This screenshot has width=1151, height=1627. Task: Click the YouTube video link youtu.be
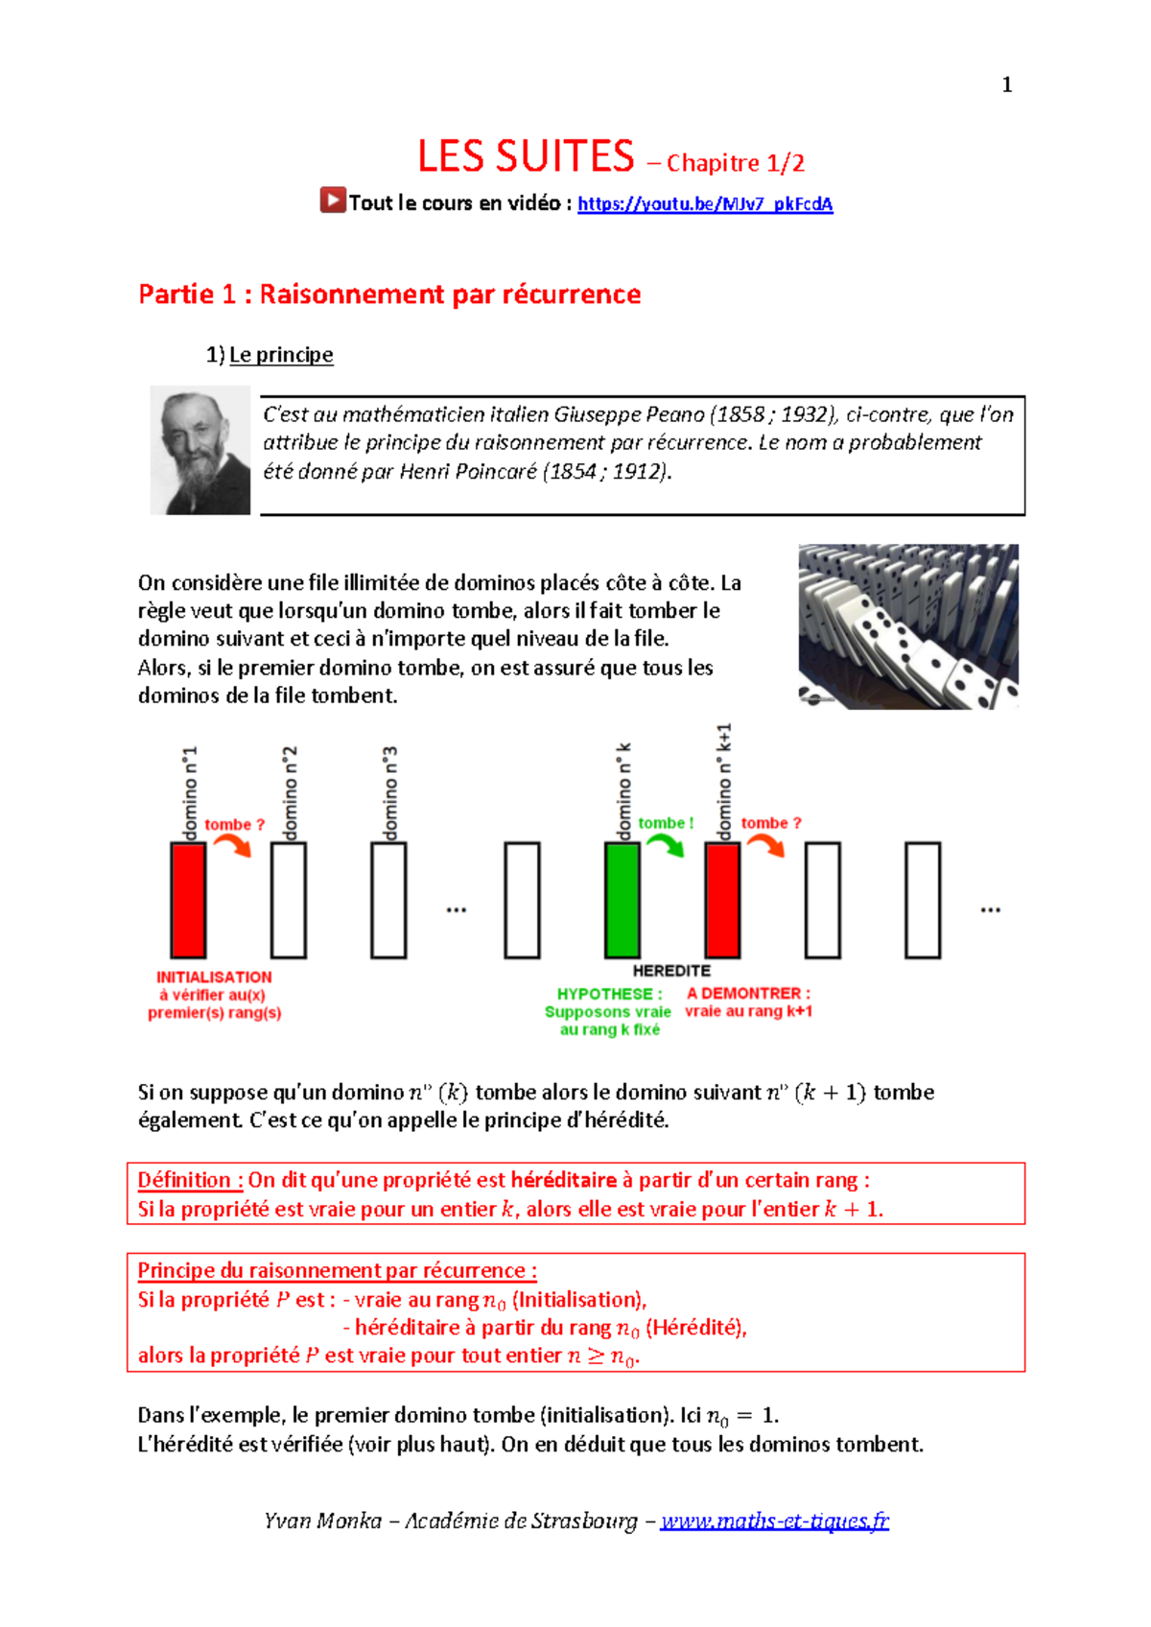tap(704, 204)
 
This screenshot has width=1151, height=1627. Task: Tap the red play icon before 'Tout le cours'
tap(333, 200)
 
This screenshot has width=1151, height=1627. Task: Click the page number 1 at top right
tap(1006, 85)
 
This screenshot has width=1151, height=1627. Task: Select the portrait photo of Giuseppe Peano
tap(200, 451)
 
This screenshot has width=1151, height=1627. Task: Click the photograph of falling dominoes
tap(907, 626)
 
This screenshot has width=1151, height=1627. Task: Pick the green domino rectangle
tap(622, 900)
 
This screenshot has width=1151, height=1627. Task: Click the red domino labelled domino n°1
tap(188, 900)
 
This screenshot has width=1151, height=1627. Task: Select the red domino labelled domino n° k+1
tap(722, 900)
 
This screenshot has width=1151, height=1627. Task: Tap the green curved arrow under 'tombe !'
tap(665, 845)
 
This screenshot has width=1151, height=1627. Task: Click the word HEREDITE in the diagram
tap(671, 971)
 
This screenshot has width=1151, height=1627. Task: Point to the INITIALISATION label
tap(214, 977)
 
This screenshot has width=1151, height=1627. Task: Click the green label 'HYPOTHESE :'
tap(609, 994)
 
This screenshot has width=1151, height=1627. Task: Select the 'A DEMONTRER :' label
tap(748, 993)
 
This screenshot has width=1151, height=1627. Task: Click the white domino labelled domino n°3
tap(388, 900)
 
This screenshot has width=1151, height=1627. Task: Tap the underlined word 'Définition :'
tap(190, 1180)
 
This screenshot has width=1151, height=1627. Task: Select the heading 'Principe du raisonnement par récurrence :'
tap(337, 1270)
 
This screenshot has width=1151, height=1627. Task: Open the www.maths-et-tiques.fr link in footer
tap(774, 1521)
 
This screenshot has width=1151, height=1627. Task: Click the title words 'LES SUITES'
tap(526, 156)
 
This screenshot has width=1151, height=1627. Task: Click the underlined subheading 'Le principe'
tap(281, 355)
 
